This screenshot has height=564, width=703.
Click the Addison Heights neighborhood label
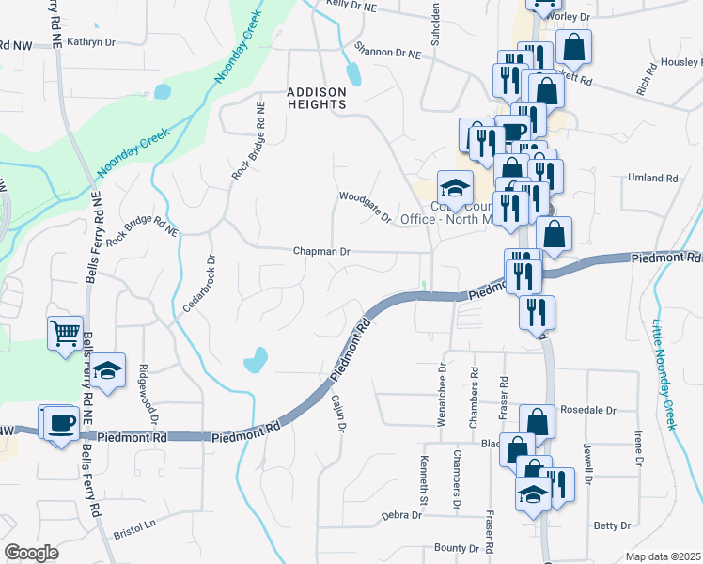pos(317,99)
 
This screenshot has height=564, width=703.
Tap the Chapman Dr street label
pos(321,252)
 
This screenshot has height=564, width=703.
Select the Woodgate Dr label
pos(365,206)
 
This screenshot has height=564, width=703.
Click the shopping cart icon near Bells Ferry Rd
pos(64,333)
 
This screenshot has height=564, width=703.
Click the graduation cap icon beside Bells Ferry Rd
pos(109,369)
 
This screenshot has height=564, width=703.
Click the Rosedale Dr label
pos(587,411)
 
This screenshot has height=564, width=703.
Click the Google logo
pos(31,553)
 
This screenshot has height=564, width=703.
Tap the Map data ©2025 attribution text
pos(663,556)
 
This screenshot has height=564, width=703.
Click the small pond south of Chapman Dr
pos(255,359)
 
